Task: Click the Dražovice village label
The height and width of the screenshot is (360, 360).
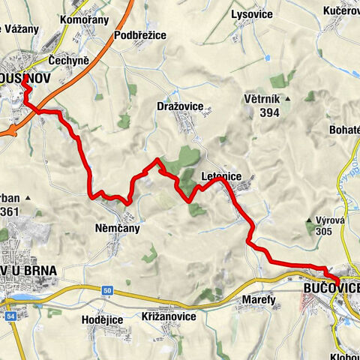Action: click(x=181, y=106)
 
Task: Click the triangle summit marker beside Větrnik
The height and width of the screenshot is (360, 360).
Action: click(x=309, y=97)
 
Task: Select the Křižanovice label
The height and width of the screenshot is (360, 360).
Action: click(x=169, y=316)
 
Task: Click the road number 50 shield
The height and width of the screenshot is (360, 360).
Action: click(x=107, y=289)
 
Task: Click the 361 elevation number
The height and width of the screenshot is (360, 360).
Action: click(x=10, y=212)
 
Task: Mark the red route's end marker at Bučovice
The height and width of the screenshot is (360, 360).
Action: click(x=340, y=282)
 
